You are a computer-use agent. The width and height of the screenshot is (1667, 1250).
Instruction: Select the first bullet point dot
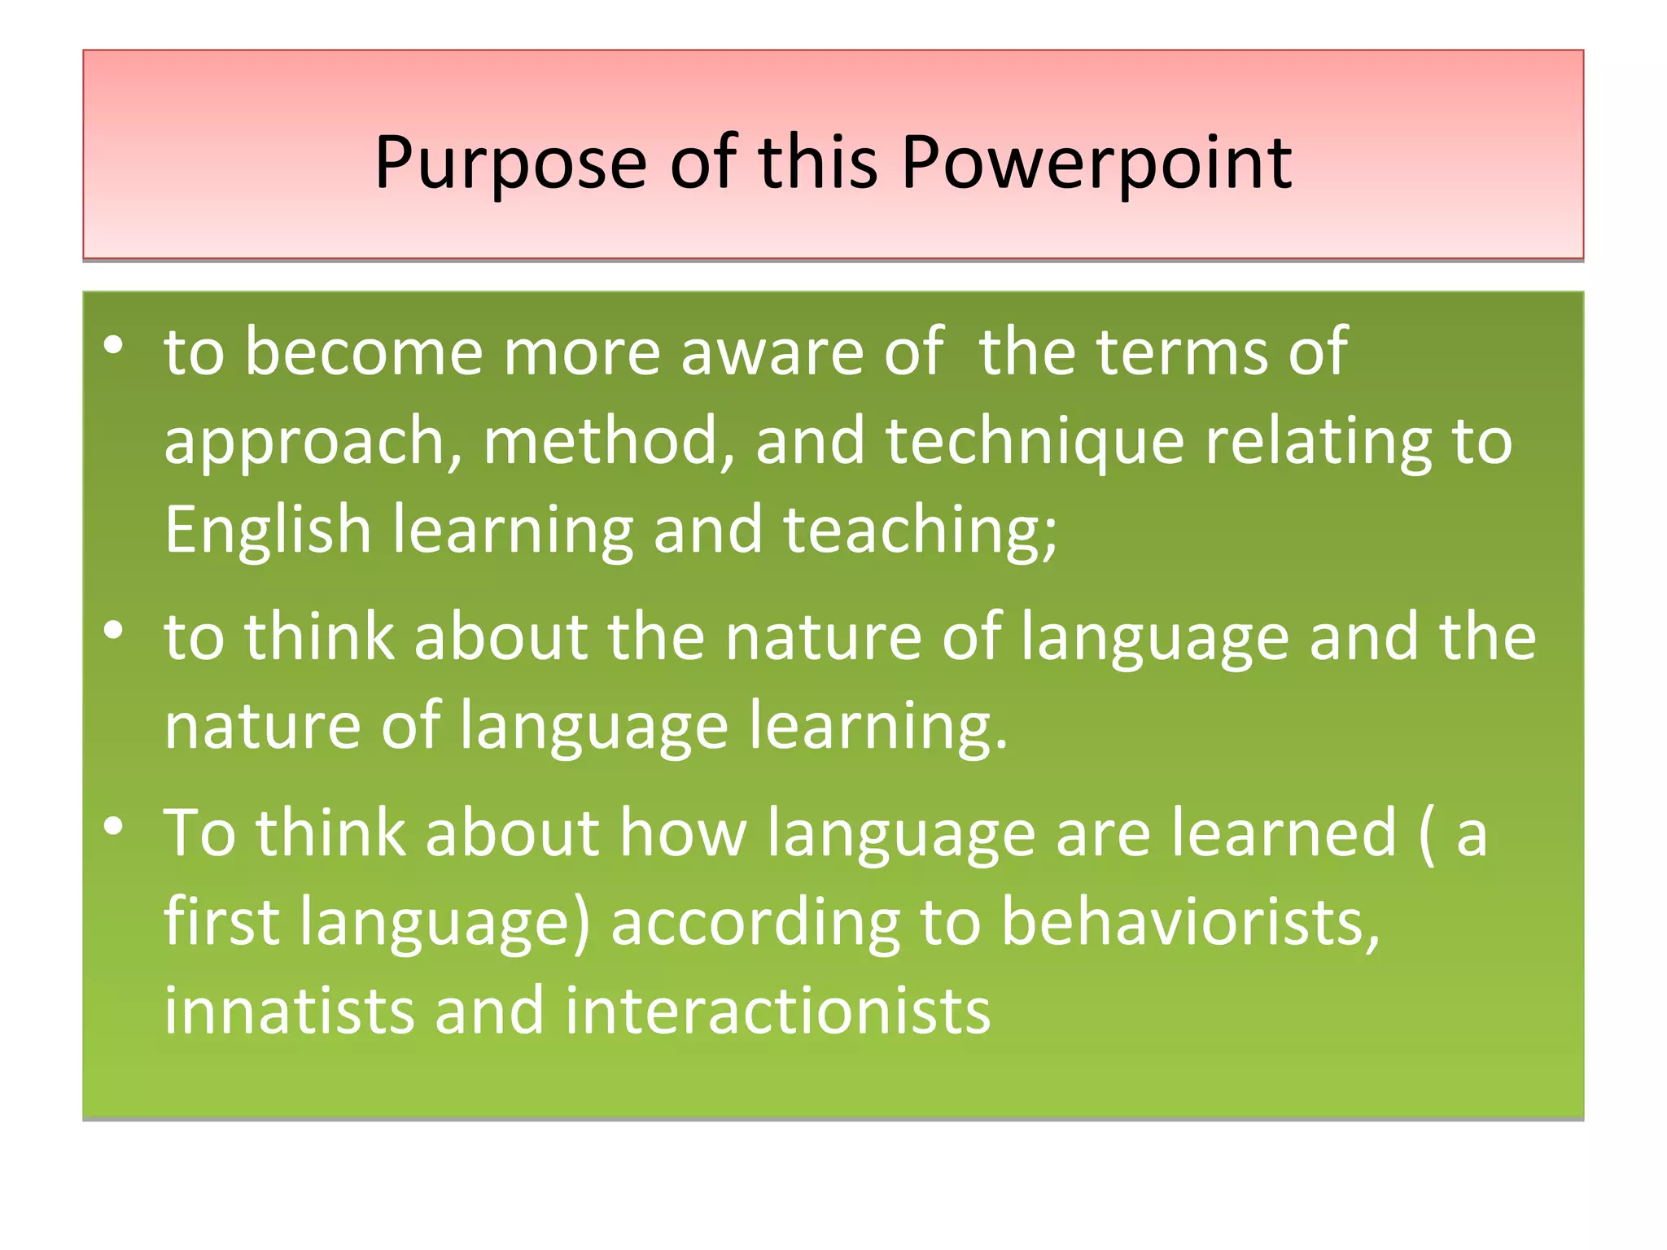click(114, 346)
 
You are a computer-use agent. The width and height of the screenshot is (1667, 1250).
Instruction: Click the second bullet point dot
click(114, 630)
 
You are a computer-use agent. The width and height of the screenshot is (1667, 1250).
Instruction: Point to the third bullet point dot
click(114, 826)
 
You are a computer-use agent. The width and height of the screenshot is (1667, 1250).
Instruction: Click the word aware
click(772, 352)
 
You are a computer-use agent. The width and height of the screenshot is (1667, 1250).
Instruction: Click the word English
click(268, 531)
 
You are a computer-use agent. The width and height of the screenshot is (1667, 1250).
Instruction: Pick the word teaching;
click(920, 531)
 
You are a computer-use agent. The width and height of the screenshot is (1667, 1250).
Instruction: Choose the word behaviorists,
click(1191, 922)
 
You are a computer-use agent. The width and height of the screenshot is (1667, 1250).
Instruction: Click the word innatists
click(289, 1011)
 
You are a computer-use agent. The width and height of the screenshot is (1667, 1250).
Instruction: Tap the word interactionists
click(777, 1011)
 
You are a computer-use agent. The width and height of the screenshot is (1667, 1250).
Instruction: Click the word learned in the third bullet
click(1284, 833)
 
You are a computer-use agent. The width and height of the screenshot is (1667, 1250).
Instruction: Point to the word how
click(682, 833)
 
